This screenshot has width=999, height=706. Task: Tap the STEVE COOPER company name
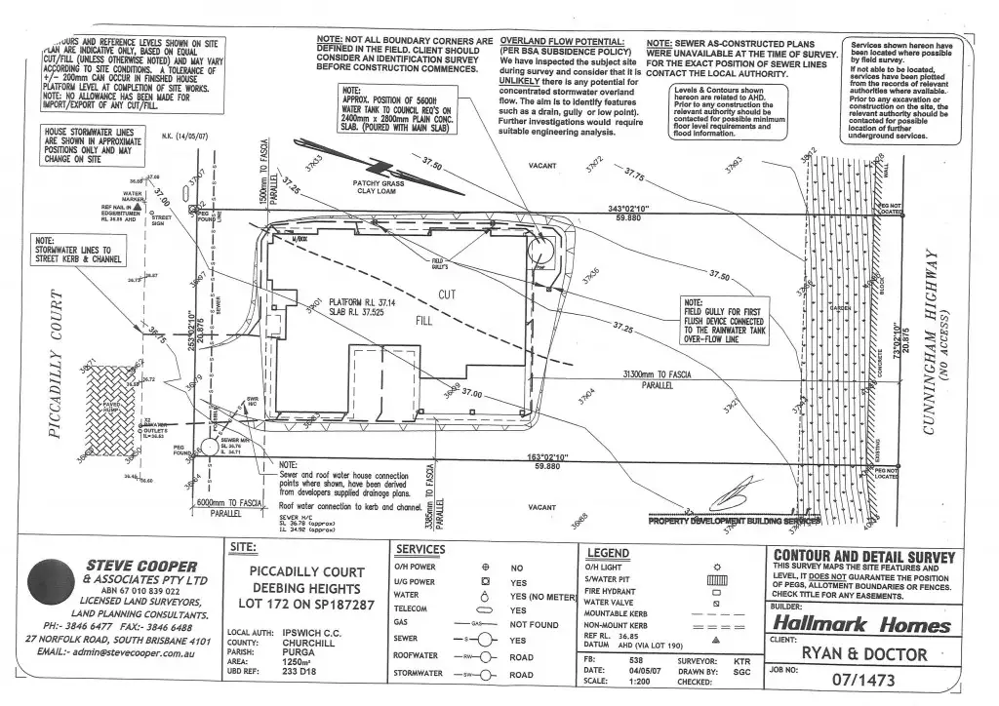pyautogui.click(x=142, y=566)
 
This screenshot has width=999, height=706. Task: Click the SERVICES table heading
pyautogui.click(x=420, y=550)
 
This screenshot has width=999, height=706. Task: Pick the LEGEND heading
pyautogui.click(x=608, y=553)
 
